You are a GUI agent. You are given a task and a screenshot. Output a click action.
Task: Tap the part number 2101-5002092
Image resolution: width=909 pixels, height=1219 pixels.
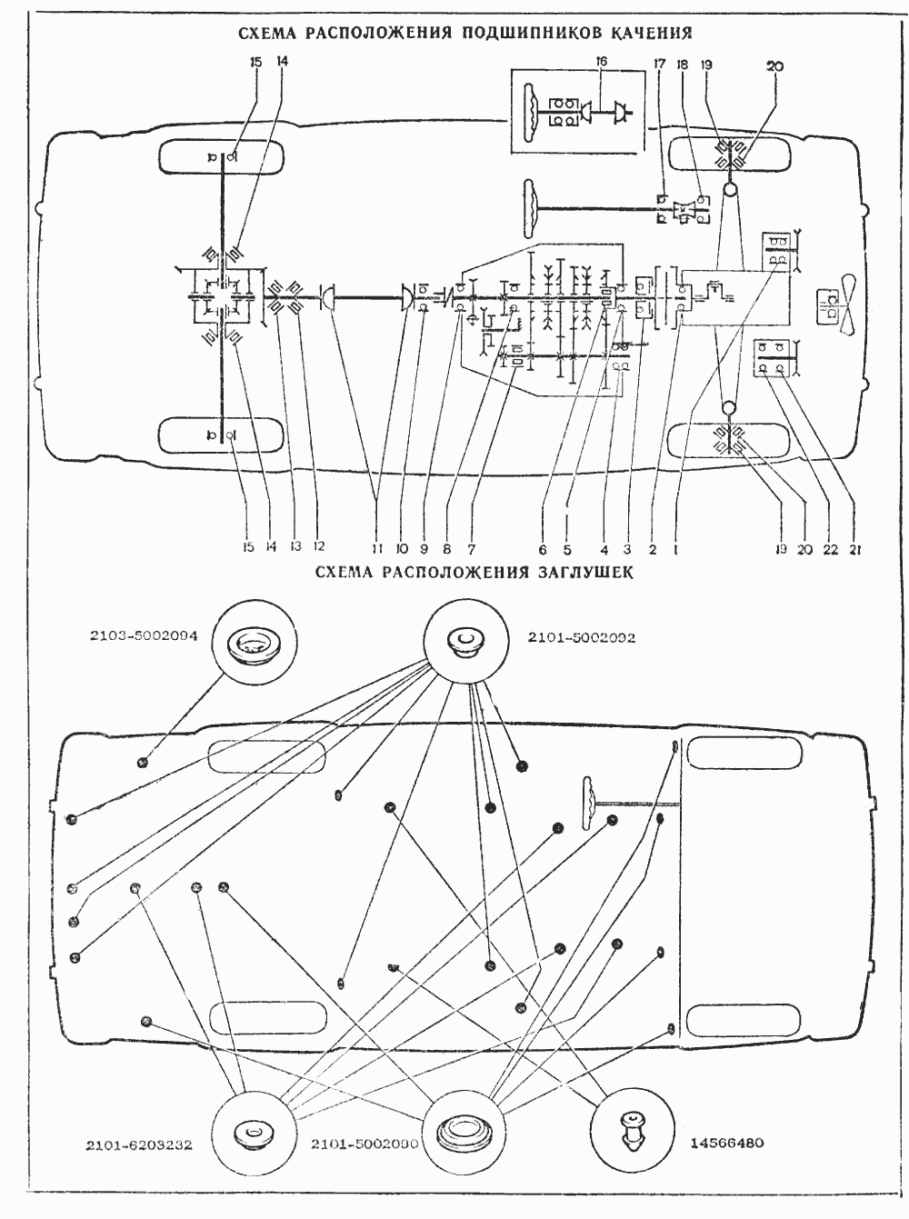pyautogui.click(x=582, y=638)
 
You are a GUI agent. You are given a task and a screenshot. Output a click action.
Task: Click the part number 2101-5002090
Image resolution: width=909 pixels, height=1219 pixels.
pyautogui.click(x=364, y=1144)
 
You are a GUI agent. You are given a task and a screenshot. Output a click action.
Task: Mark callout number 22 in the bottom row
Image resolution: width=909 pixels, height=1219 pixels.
pyautogui.click(x=828, y=549)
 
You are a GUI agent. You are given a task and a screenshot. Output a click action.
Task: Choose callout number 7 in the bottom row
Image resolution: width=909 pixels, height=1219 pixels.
pyautogui.click(x=472, y=549)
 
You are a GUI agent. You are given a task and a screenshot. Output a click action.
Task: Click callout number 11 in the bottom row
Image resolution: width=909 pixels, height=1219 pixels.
pyautogui.click(x=376, y=549)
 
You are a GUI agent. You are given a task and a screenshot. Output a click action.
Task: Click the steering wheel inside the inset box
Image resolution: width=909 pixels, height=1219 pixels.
pyautogui.click(x=530, y=111)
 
